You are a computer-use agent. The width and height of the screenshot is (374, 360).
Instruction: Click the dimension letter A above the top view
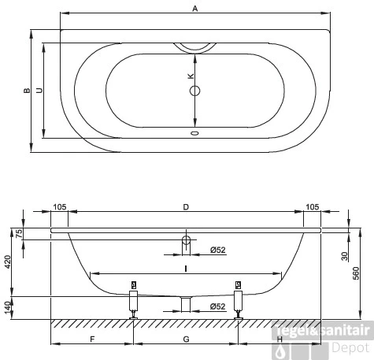coord(194,7)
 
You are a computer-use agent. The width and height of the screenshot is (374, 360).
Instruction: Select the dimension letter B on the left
coord(26,91)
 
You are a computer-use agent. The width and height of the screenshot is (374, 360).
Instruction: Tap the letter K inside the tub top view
coord(190,76)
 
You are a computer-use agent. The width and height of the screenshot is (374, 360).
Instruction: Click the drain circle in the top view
coord(194,91)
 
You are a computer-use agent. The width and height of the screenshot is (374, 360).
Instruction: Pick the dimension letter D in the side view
coord(186,207)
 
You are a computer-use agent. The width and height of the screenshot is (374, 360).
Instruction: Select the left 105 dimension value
coord(59,207)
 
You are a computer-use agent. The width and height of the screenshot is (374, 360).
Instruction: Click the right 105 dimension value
coord(311,207)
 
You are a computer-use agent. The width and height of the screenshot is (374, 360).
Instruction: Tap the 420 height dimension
coord(8,262)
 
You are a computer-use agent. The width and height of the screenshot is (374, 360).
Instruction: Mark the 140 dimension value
coord(8,307)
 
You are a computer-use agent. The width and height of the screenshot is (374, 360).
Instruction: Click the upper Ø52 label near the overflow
coord(218,250)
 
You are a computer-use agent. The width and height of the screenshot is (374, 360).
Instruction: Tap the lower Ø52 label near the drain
coord(219,306)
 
